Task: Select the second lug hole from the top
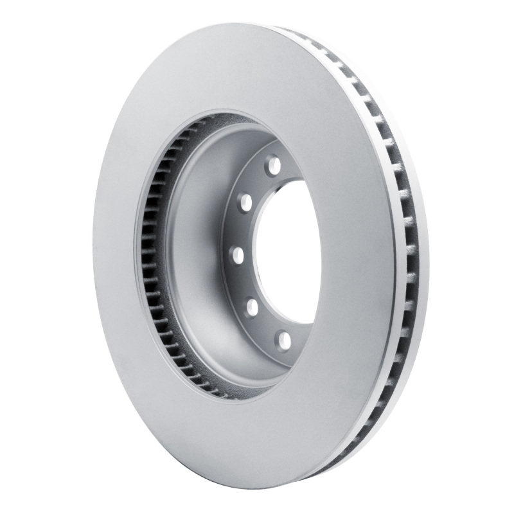pos(245,203)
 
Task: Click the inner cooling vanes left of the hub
pos(149,257)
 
